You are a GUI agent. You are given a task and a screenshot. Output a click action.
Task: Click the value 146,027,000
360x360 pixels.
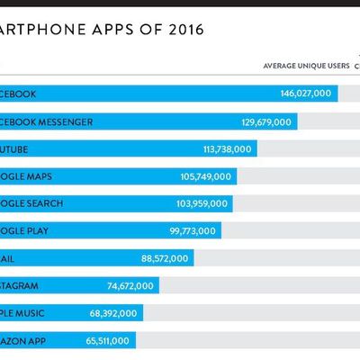[306, 94]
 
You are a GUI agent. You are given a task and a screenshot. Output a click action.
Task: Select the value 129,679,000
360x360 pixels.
[266, 121]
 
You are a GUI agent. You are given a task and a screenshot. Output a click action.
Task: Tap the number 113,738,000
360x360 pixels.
[228, 148]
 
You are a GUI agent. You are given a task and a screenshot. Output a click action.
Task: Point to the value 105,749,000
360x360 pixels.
[205, 176]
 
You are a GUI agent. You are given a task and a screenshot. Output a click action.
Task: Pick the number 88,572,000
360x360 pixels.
[164, 258]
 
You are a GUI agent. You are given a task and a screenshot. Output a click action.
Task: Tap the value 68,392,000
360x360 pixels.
[112, 313]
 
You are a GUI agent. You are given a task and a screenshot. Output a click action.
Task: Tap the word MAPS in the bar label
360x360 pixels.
[49, 176]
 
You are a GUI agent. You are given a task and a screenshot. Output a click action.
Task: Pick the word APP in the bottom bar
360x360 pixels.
[45, 341]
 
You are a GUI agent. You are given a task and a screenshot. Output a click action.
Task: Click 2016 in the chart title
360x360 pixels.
[184, 29]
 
